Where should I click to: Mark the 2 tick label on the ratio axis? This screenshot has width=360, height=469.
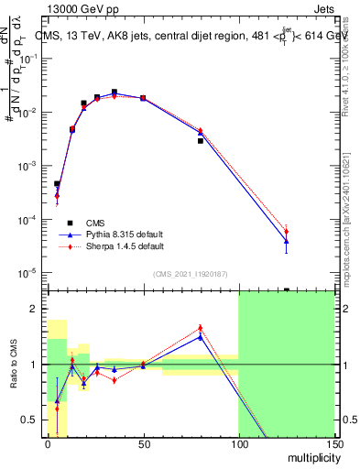pos(35,309)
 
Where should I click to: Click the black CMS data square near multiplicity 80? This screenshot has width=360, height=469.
pos(200,141)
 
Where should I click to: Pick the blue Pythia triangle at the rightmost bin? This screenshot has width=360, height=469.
pos(286,241)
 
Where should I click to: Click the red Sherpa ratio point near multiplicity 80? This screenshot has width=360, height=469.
pos(200,328)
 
